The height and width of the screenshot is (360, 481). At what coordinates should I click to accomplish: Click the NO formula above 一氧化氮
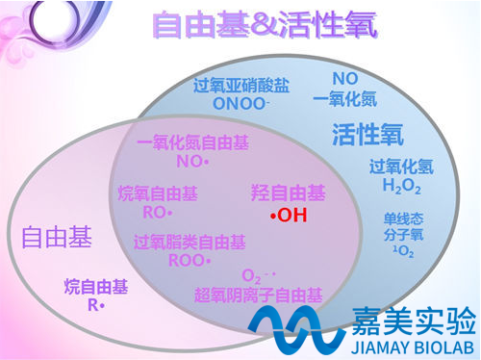coord(345,77)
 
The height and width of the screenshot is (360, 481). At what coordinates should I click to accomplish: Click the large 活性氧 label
coord(367,132)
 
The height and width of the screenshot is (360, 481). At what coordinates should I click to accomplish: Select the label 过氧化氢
coord(401,167)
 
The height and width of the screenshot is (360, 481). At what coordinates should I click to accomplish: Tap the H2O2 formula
coord(401,185)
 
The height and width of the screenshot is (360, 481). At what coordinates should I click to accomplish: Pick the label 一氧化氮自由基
coord(192,144)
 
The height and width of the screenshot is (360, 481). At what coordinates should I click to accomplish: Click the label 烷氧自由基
coord(157,193)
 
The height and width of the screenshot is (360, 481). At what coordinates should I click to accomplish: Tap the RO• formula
coord(157,211)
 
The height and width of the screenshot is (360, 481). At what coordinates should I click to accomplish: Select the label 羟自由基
coord(288,193)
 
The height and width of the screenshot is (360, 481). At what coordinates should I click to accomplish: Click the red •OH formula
coord(289,216)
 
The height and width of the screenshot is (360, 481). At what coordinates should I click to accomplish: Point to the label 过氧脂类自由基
coord(184,242)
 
